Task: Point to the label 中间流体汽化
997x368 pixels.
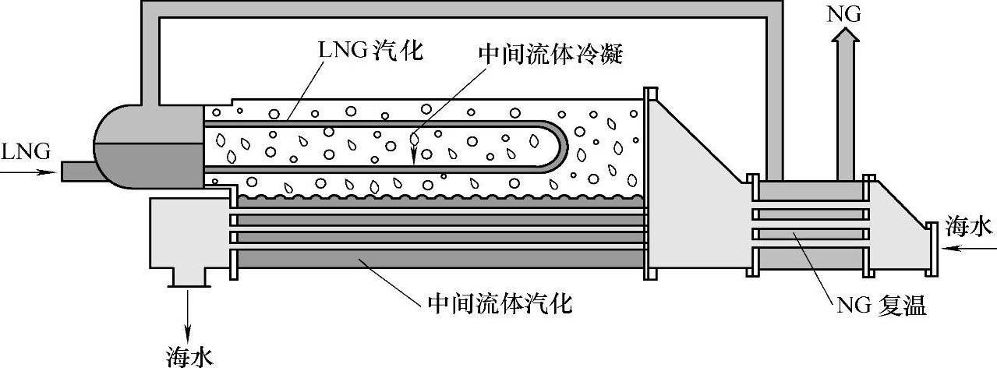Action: click(x=500, y=303)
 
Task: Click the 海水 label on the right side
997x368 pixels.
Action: click(x=967, y=227)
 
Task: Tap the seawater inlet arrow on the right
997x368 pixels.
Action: click(x=967, y=249)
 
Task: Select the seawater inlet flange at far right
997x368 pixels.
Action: click(x=931, y=248)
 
